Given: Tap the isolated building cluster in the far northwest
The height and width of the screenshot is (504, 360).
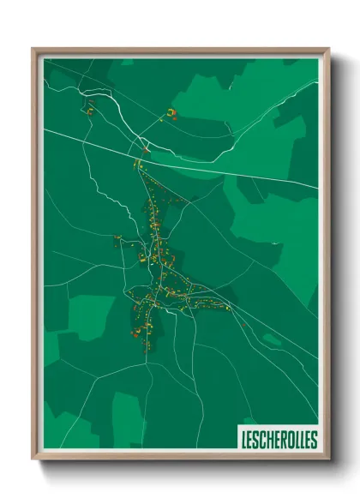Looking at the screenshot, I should pyautogui.click(x=88, y=108).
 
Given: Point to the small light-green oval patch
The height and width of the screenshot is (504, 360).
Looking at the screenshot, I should pyautogui.click(x=272, y=339).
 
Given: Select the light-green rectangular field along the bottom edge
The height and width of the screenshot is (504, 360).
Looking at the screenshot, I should pyautogui.click(x=129, y=420).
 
